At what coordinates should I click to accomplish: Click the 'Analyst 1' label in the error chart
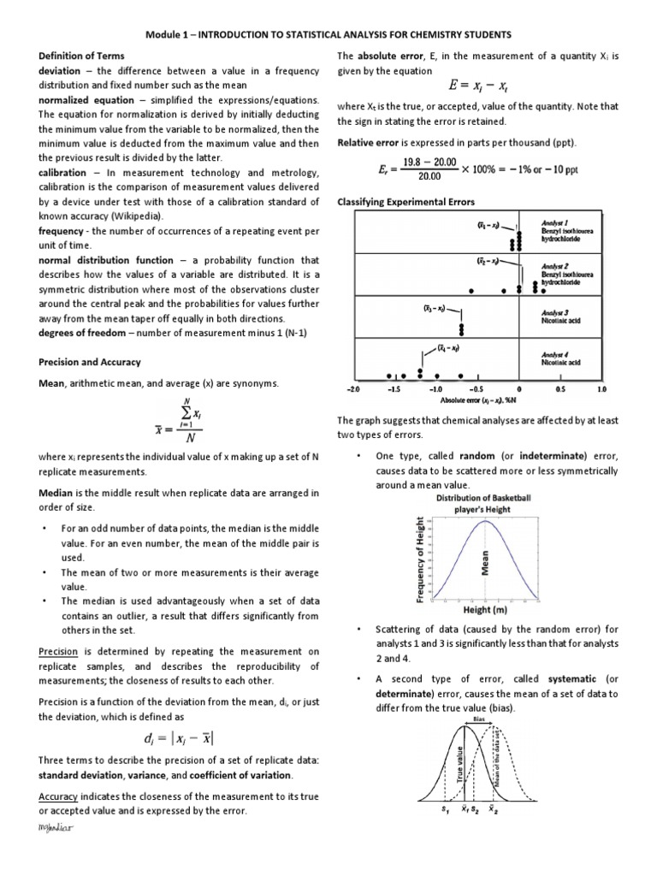pos(555,222)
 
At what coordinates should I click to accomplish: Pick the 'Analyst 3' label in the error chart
pos(555,311)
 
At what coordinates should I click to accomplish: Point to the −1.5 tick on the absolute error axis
pos(395,388)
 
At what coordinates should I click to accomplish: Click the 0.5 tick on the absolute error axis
pos(560,388)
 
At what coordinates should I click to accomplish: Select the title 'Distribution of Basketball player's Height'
pos(483,504)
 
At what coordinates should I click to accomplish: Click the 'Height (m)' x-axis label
pos(485,610)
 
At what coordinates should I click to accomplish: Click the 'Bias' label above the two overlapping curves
pos(478,719)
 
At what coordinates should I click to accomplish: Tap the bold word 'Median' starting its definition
pos(58,494)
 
